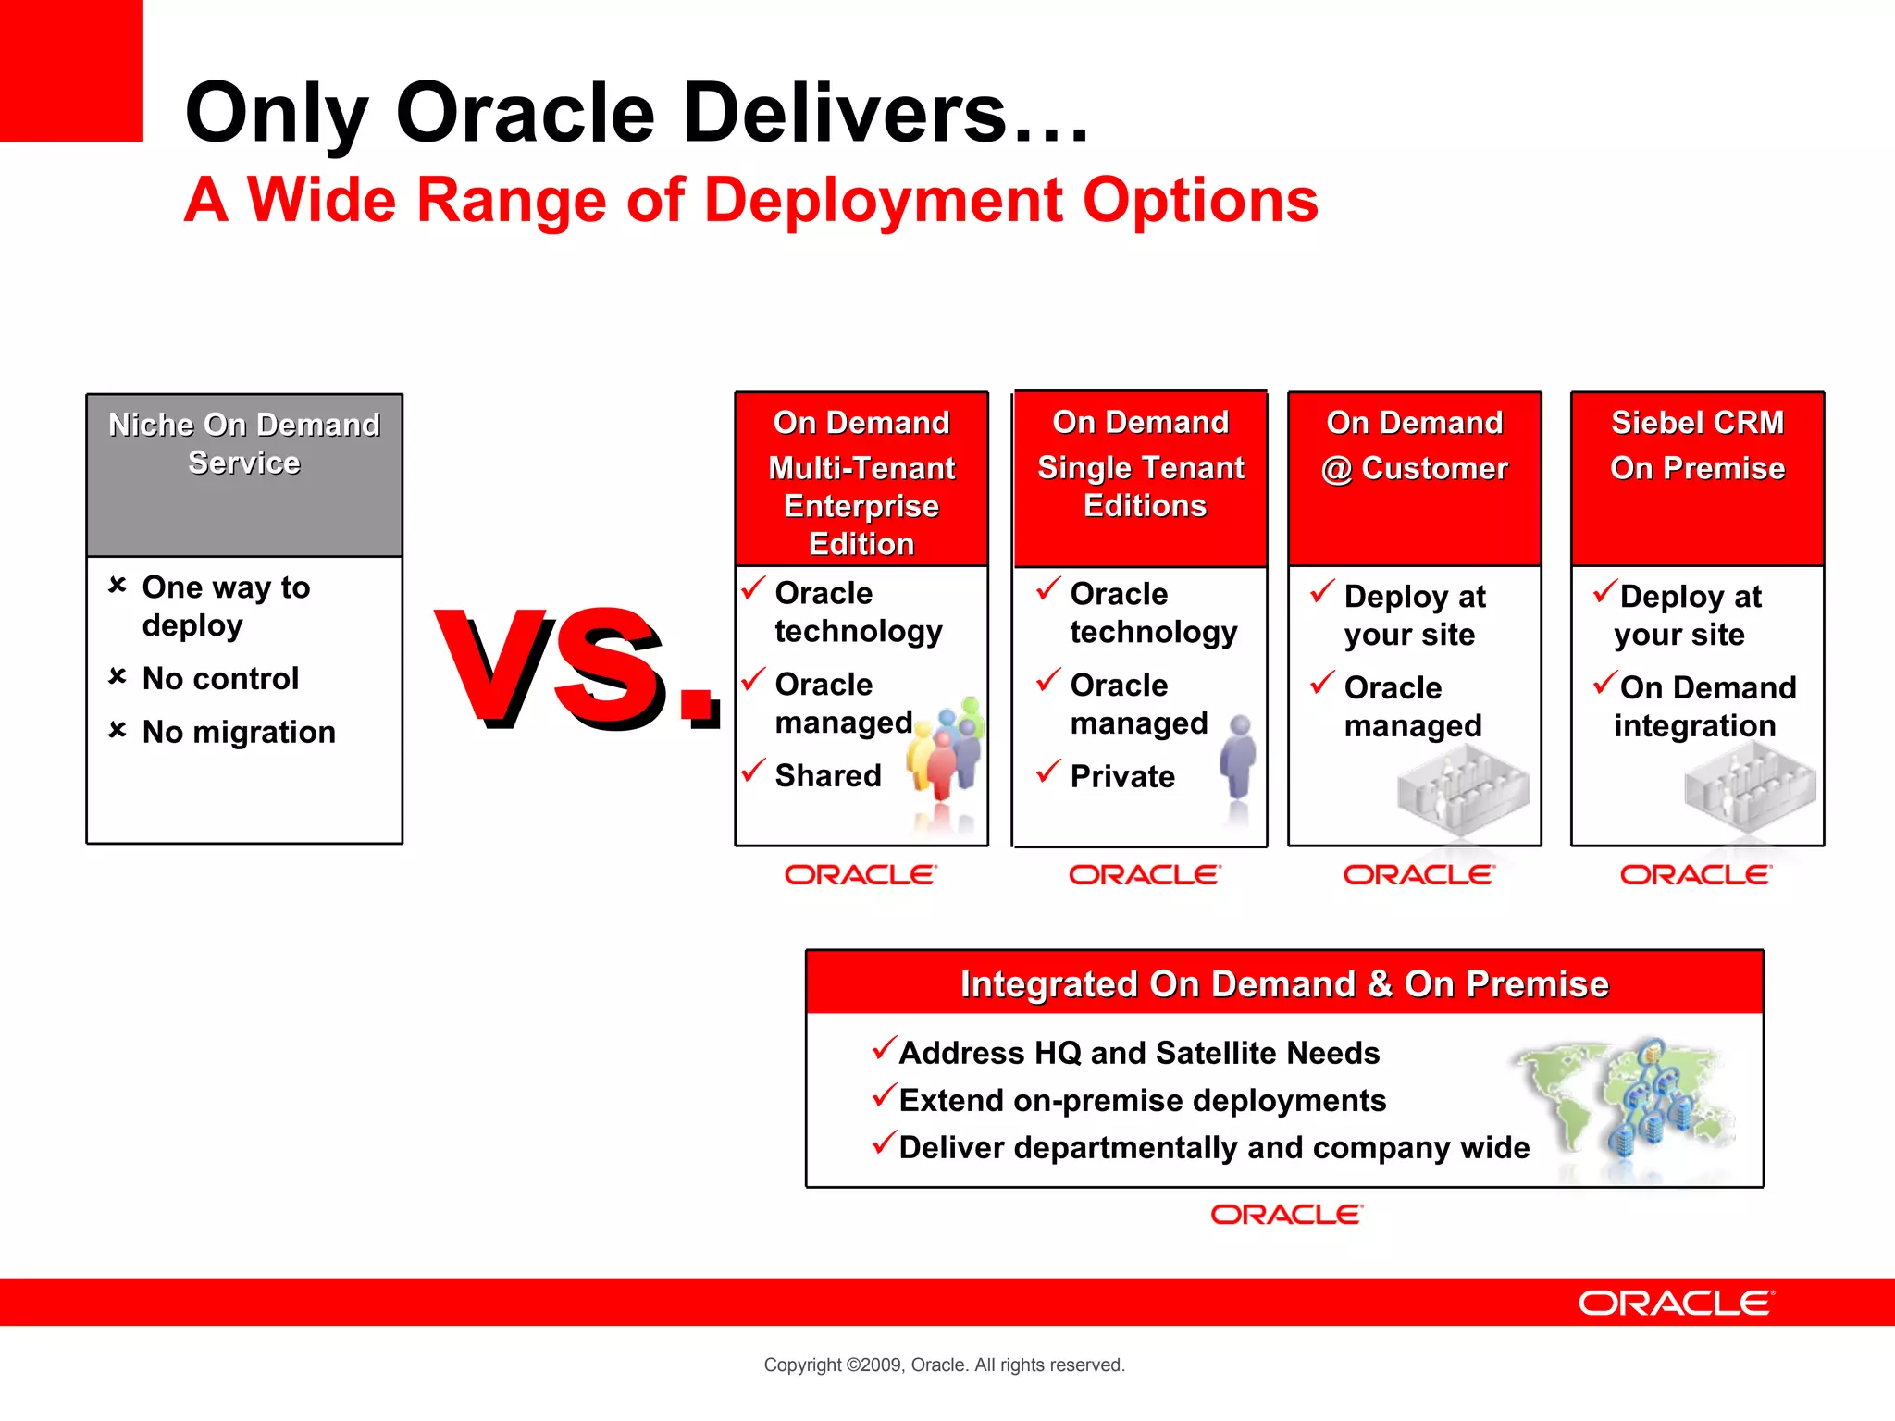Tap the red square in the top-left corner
point(70,70)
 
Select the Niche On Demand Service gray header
point(244,474)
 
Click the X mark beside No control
point(118,676)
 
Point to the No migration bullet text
point(239,733)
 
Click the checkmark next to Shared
point(754,770)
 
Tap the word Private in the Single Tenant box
point(1121,776)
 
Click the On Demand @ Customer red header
point(1414,477)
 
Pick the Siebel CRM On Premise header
point(1697,477)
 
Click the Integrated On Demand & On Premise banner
point(1284,983)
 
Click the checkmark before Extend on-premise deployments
point(885,1096)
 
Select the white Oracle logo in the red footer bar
point(1676,1304)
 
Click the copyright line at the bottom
point(944,1365)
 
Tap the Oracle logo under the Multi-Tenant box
point(861,875)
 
